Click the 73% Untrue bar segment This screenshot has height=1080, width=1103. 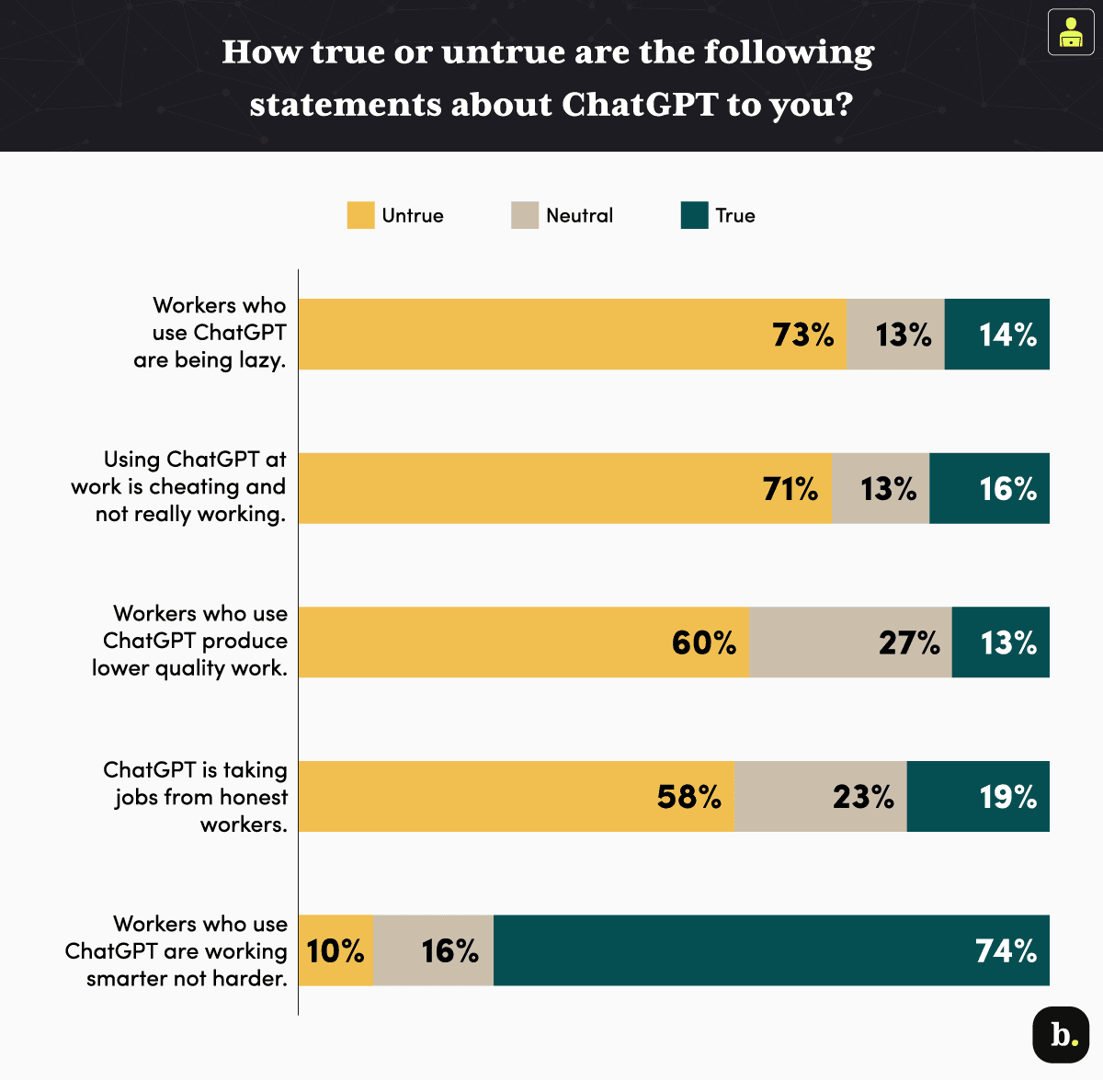(x=572, y=335)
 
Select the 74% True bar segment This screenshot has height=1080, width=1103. (x=770, y=950)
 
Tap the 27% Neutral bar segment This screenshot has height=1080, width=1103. (x=850, y=642)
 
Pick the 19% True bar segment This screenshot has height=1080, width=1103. (x=977, y=797)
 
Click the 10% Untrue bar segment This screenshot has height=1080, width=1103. (x=335, y=950)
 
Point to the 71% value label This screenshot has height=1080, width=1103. (x=790, y=489)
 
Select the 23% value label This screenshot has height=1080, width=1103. (x=863, y=797)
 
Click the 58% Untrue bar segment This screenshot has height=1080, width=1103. (x=517, y=797)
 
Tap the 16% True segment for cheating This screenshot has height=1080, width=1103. (x=989, y=489)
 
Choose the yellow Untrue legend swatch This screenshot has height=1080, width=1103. (x=360, y=215)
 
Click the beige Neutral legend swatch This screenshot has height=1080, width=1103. (x=525, y=215)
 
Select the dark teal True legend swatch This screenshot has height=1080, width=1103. (x=694, y=215)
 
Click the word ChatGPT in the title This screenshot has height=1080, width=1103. (x=639, y=104)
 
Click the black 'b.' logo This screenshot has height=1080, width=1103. (x=1062, y=1035)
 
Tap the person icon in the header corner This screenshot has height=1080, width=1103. (x=1070, y=32)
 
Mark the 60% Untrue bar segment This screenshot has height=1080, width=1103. (x=524, y=642)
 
